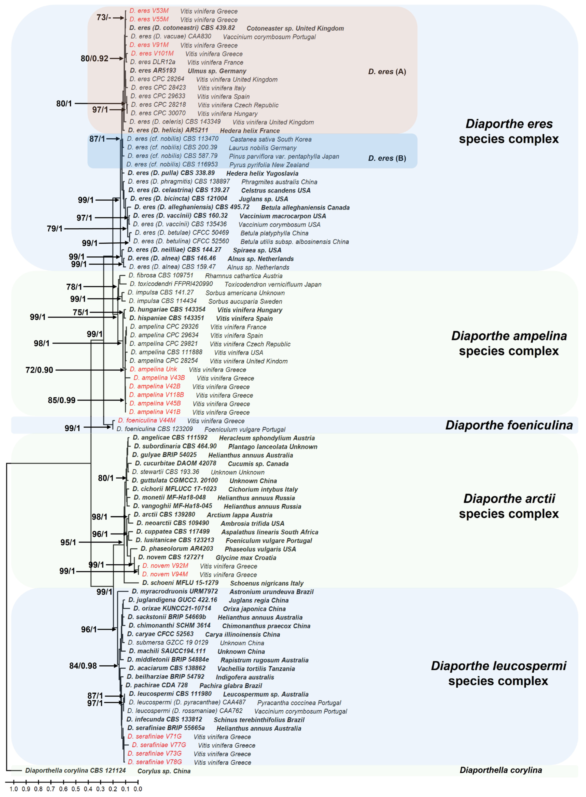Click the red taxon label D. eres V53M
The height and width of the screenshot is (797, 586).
tap(149, 11)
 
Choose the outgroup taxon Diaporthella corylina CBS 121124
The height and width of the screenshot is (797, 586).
tap(75, 770)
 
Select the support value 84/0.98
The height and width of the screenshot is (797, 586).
tap(83, 666)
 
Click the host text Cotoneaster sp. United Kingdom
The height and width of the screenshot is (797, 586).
tap(295, 28)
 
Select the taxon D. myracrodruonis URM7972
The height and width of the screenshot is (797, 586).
tap(175, 591)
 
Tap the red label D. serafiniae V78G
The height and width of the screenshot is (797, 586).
tap(155, 762)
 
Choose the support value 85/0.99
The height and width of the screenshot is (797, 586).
tap(62, 400)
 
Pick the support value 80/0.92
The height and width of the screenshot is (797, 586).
tap(94, 59)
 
